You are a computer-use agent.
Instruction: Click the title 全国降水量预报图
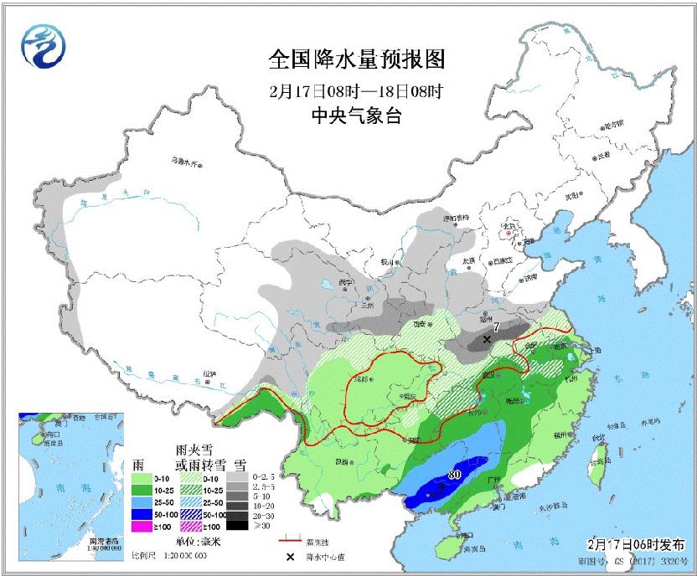[x=356, y=60]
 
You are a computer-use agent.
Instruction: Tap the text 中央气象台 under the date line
[x=356, y=116]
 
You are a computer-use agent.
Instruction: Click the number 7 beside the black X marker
[x=496, y=327]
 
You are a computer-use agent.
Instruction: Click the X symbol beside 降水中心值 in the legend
[x=291, y=556]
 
